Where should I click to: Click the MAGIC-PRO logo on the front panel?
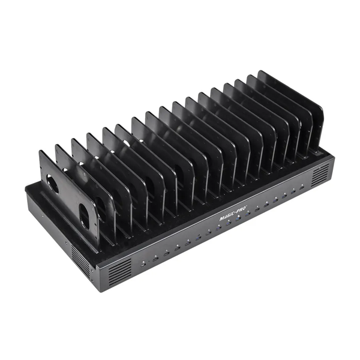coord(233,213)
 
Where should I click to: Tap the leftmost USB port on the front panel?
coord(143,265)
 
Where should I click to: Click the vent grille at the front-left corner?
coord(120,272)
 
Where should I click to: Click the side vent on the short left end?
coord(80,258)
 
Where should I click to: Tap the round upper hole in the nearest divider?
coord(52,184)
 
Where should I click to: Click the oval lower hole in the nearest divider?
coord(84,217)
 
